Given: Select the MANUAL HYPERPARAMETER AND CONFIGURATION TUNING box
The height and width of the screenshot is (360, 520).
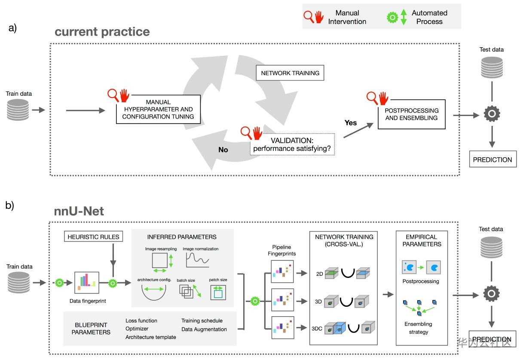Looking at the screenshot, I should click(x=158, y=110).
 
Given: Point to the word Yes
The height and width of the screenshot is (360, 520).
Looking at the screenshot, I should click(x=351, y=123).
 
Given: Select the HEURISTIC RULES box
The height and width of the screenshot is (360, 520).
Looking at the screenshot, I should click(x=93, y=236).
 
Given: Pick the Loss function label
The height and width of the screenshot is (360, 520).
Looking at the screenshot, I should click(x=141, y=320).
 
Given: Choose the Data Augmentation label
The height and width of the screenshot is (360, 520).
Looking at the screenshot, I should click(x=204, y=329).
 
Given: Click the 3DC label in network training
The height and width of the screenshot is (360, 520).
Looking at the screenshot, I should click(x=317, y=330).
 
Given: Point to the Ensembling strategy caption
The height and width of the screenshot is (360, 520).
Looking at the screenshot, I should click(x=418, y=328).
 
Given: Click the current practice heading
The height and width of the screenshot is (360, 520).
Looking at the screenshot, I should click(x=102, y=32).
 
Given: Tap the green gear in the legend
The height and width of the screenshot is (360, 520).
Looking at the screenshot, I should click(x=392, y=17).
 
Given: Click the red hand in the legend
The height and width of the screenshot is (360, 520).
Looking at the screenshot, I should click(x=319, y=17).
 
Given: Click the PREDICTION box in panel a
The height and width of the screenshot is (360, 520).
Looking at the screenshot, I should click(x=492, y=159).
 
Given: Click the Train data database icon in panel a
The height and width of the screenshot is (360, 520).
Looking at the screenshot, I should click(x=18, y=110).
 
